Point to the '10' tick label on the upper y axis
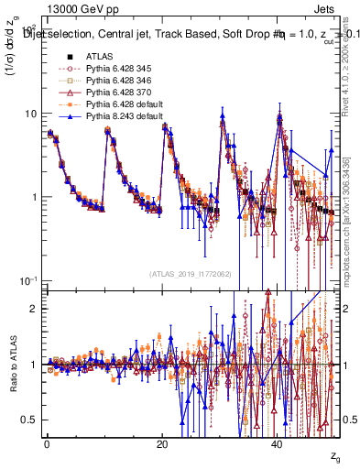tap(30, 114)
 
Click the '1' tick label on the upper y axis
tap(34, 197)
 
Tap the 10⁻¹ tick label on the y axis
tap(28, 279)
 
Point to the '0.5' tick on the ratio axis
tap(29, 420)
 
